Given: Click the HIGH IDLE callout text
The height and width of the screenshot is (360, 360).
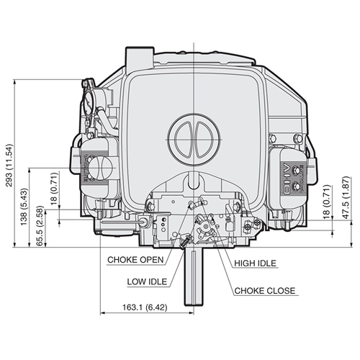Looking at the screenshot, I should click(x=256, y=264).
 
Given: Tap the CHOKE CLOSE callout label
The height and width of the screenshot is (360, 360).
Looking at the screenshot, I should click(x=265, y=292).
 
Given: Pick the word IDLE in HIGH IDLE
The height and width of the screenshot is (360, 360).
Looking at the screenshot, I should click(x=266, y=264).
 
